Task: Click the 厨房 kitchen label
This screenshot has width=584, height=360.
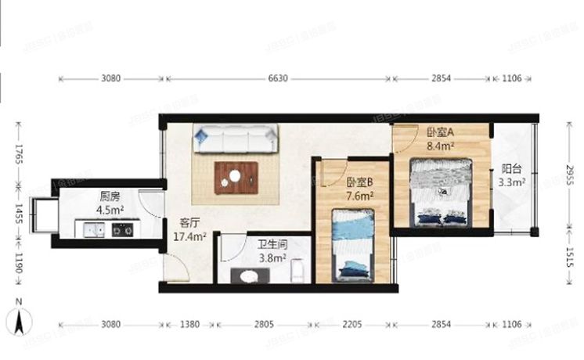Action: pos(110,196)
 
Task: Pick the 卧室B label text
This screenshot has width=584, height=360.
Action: pos(360,182)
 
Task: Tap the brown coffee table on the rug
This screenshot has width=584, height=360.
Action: pos(236,176)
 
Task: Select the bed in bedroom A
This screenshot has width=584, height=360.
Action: pos(441,191)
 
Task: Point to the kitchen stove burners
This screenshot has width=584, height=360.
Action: pos(121,229)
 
